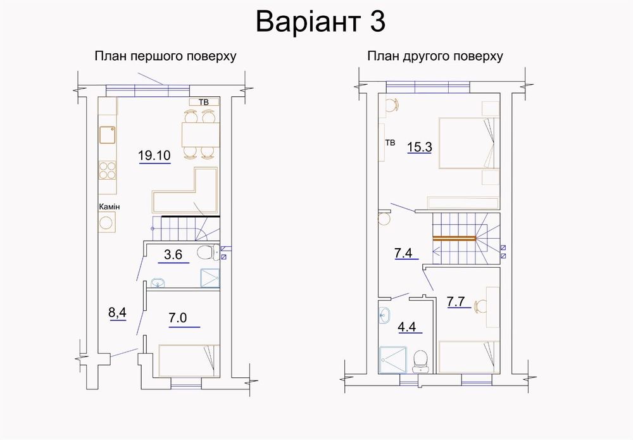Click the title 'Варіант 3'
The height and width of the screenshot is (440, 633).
tap(320, 22)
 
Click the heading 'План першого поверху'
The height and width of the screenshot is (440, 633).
tap(165, 56)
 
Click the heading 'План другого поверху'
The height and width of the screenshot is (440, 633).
tap(435, 56)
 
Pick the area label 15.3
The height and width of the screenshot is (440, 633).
tap(420, 148)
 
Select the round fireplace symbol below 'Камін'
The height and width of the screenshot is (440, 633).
tap(107, 222)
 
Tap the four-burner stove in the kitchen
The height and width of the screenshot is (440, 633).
tap(107, 170)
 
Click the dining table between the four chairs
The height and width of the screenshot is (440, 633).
tap(199, 134)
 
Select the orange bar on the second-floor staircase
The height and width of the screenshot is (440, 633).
tap(454, 238)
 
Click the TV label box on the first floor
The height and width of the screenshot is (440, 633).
tap(204, 102)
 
